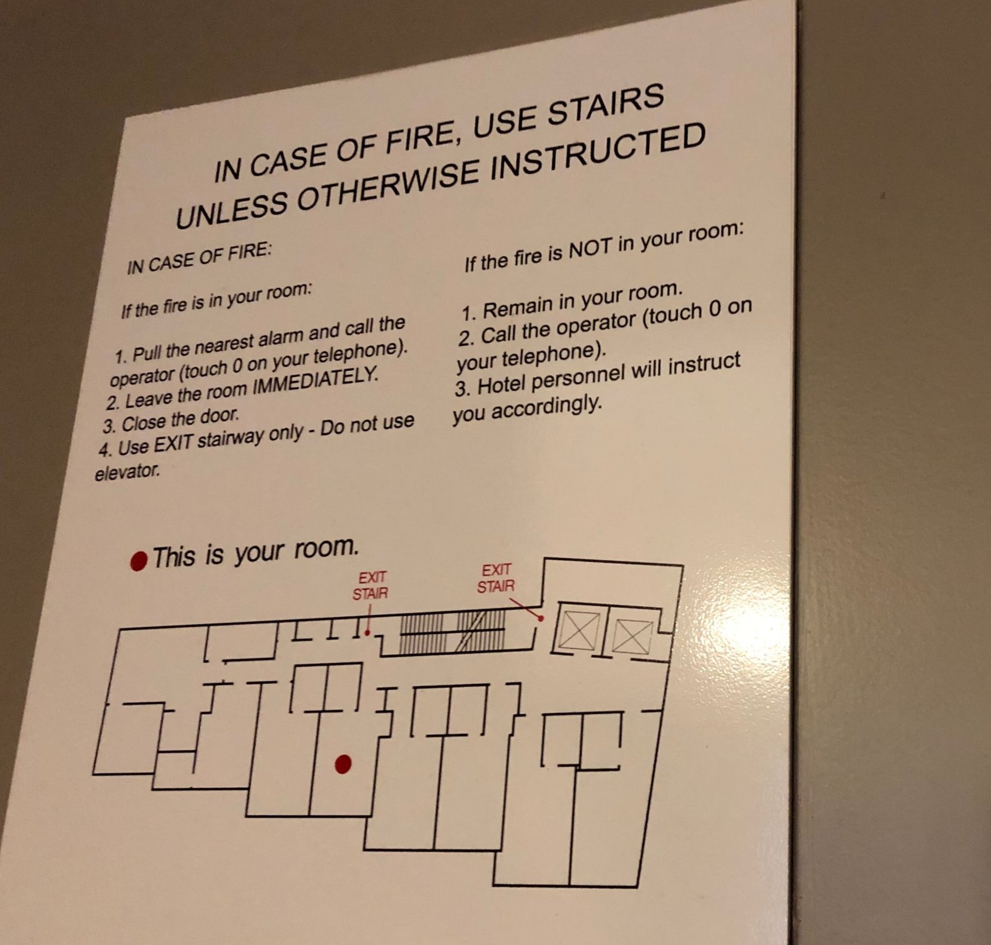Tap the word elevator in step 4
click(127, 471)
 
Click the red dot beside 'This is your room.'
click(138, 561)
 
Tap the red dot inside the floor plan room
click(343, 764)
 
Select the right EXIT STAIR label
click(496, 578)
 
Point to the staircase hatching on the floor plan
click(452, 633)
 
